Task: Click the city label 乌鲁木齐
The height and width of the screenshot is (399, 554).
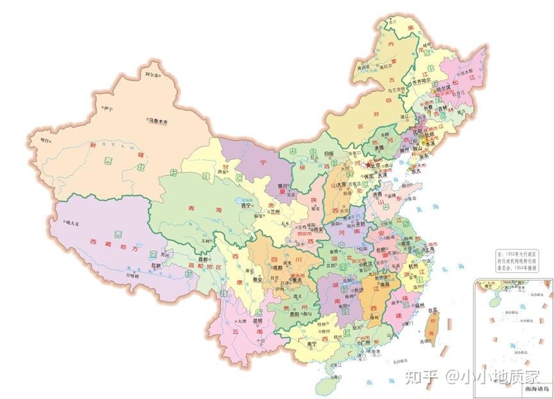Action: pyautogui.click(x=158, y=120)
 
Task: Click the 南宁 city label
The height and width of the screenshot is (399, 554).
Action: pyautogui.click(x=313, y=344)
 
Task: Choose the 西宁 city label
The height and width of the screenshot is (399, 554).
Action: pyautogui.click(x=246, y=205)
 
